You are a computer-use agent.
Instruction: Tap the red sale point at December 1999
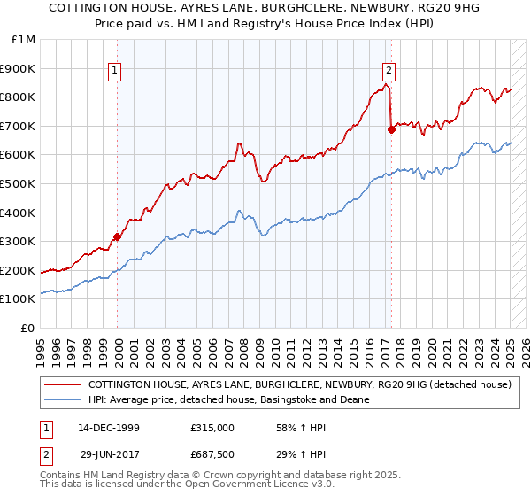tap(117, 236)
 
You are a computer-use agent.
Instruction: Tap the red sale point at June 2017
tap(391, 129)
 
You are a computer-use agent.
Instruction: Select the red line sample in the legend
tap(64, 385)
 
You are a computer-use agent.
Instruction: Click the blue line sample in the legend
tap(64, 399)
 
